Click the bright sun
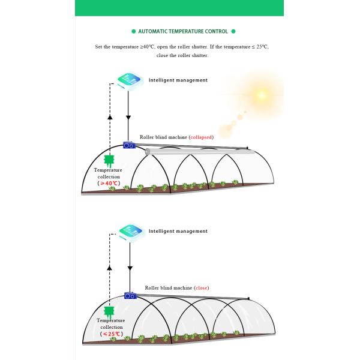(x=261, y=95)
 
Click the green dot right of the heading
(x=233, y=31)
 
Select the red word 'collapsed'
(x=201, y=137)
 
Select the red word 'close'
(x=202, y=288)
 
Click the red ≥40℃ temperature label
(x=109, y=183)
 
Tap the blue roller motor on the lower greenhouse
(x=131, y=296)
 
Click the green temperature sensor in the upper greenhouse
(x=109, y=161)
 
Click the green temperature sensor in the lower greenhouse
(x=109, y=311)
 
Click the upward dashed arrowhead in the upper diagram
(x=109, y=116)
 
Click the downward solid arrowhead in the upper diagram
(x=128, y=137)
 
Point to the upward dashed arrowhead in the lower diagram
(x=109, y=267)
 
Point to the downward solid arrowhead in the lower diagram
(x=128, y=288)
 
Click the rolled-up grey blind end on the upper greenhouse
(x=148, y=151)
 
